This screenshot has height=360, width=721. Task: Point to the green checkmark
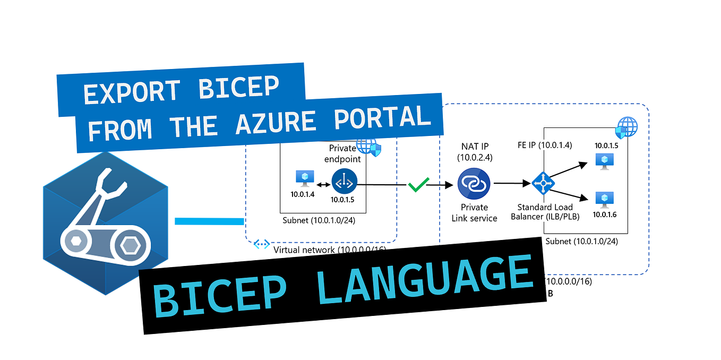tap(418, 184)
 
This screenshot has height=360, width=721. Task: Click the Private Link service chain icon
tap(474, 184)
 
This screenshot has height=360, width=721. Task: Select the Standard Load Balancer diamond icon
tap(543, 183)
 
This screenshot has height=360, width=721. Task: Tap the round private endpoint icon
tap(345, 182)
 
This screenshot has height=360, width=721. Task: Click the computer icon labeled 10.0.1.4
tap(304, 178)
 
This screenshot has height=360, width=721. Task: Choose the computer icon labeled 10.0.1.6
tap(604, 199)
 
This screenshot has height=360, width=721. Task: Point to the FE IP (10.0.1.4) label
tap(544, 145)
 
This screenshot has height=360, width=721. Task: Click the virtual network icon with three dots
tap(261, 244)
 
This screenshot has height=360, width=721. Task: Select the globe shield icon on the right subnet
tap(626, 127)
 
